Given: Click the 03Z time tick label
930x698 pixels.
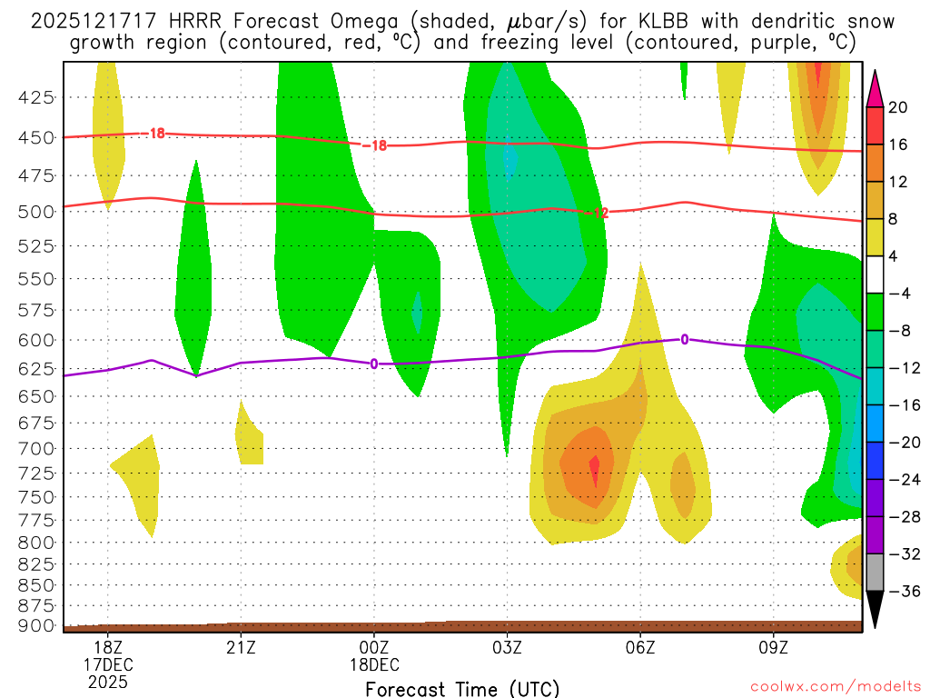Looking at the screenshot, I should [507, 647].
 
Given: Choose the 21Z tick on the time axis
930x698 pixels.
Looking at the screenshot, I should [240, 647].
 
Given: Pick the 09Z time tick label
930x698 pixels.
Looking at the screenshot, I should [774, 647].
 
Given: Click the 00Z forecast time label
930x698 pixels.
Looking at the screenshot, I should [374, 647].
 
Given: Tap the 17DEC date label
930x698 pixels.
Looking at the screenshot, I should [108, 664].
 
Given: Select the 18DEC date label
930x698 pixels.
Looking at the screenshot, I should [374, 664].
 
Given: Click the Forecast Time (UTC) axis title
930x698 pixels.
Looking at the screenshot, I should [462, 688].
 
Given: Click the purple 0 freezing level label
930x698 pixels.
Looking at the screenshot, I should [373, 364].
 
